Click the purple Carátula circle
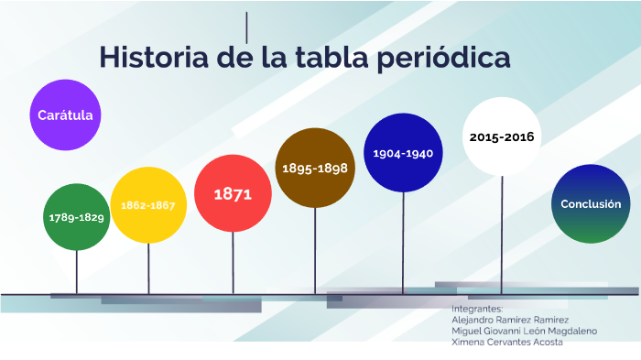[x=65, y=115]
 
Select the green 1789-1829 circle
[x=77, y=217]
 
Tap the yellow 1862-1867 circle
[x=148, y=205]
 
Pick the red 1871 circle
[x=233, y=193]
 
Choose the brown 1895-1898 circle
[x=315, y=168]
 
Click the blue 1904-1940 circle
[x=403, y=153]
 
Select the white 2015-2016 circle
[x=502, y=136]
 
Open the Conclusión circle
[x=591, y=204]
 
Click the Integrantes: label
[x=477, y=310]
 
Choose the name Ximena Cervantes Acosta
[x=507, y=342]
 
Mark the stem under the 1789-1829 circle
[x=77, y=272]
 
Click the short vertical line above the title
[x=247, y=27]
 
